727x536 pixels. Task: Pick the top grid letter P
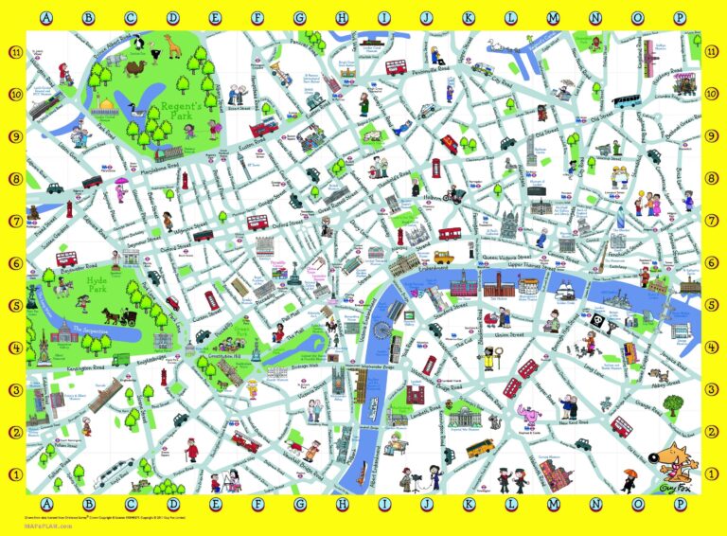coord(679,17)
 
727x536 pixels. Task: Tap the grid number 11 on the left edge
coord(13,53)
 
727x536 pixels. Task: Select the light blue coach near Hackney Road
coord(627,100)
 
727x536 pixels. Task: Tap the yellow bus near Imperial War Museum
coord(480,446)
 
